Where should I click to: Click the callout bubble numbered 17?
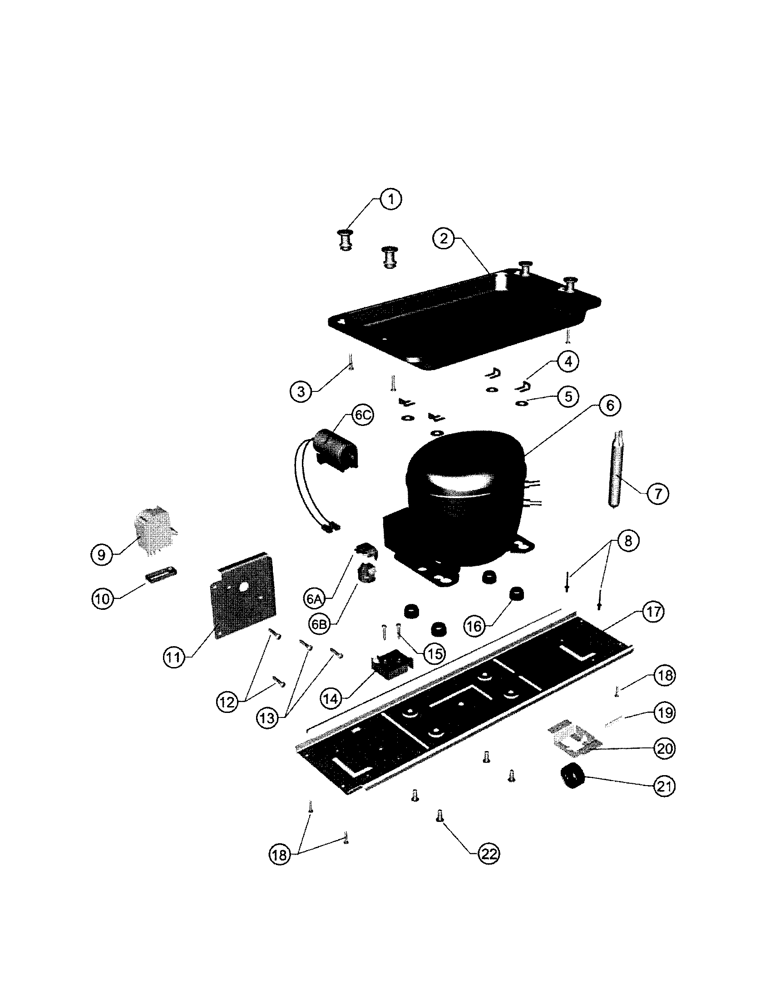pyautogui.click(x=653, y=612)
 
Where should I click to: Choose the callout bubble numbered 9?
pyautogui.click(x=102, y=555)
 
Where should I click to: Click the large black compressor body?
pyautogui.click(x=462, y=499)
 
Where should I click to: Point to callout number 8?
pyautogui.click(x=628, y=541)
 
